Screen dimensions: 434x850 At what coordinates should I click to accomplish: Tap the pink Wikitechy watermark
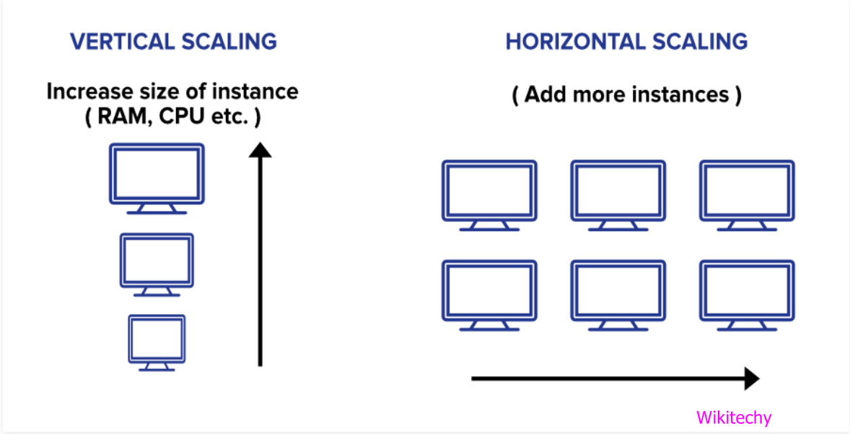734,417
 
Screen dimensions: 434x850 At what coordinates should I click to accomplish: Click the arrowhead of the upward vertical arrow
260,149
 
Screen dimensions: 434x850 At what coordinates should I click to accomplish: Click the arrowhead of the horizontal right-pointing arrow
751,378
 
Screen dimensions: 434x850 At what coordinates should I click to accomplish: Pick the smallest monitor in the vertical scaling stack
157,339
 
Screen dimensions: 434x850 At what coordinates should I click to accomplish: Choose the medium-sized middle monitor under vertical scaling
157,260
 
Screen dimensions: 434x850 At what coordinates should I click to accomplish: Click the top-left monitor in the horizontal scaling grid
489,190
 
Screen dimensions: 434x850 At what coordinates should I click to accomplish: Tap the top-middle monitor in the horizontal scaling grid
618,190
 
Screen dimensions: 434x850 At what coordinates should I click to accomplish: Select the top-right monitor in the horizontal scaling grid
747,190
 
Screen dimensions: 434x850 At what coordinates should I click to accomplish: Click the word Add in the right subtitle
545,94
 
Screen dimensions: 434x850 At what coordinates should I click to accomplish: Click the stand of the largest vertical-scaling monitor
157,208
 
